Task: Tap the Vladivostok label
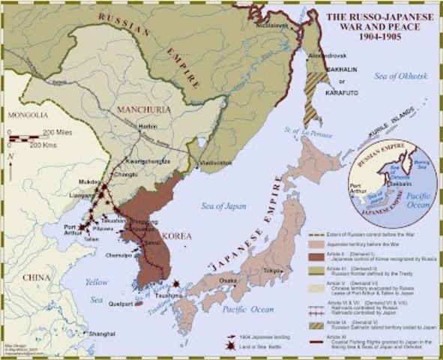212,163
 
